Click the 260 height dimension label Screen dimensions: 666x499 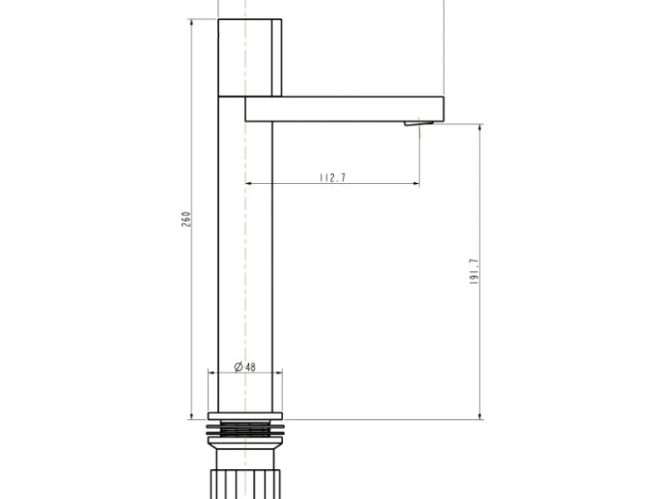click(x=186, y=219)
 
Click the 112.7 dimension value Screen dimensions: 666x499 click(x=332, y=177)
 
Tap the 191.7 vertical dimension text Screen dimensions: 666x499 click(x=474, y=272)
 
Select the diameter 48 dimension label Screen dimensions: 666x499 click(x=245, y=367)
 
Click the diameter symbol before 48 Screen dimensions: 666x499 click(x=238, y=367)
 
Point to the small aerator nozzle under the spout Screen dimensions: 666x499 click(x=419, y=123)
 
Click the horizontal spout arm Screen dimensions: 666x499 click(x=345, y=109)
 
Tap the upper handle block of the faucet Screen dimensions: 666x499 click(x=250, y=57)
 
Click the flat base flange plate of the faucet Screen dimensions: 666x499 click(x=245, y=416)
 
